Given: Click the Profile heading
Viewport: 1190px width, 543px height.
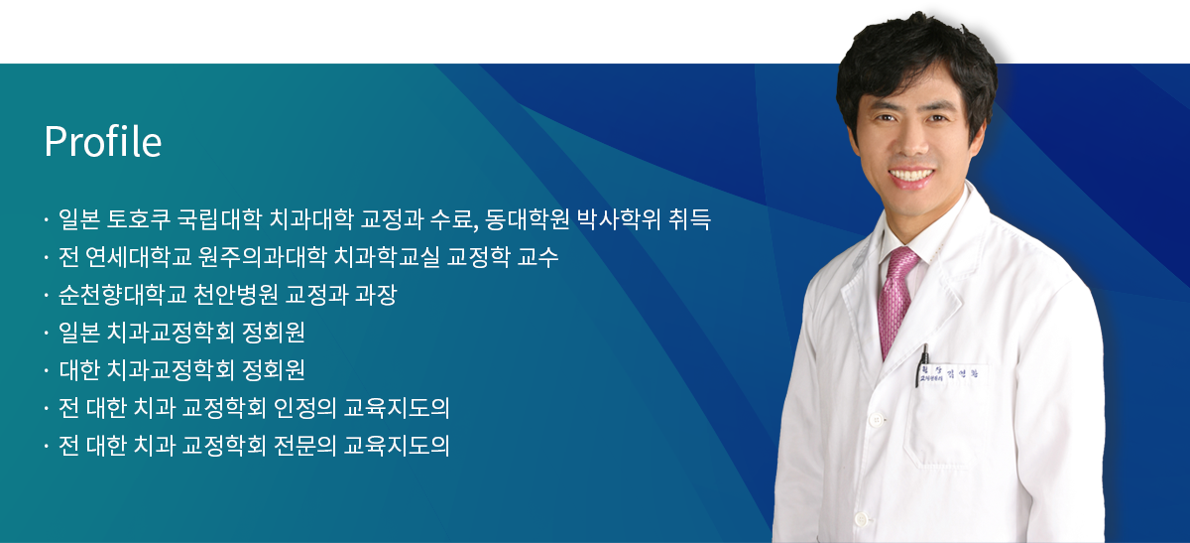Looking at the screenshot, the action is point(102,142).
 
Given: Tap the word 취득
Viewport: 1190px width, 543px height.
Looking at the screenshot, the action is point(689,219).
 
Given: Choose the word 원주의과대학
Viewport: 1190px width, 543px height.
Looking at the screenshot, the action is point(263,257).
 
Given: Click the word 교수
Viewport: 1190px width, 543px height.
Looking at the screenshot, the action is point(538,257).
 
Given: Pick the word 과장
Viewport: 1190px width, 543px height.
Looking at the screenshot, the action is point(376,295).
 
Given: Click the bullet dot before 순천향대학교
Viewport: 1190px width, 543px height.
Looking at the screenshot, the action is point(47,295).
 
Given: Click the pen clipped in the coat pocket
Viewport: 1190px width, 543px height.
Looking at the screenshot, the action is point(921,365).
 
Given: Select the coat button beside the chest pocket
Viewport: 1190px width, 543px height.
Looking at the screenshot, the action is point(877,420).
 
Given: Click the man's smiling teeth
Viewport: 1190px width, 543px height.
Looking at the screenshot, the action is point(912,175).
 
